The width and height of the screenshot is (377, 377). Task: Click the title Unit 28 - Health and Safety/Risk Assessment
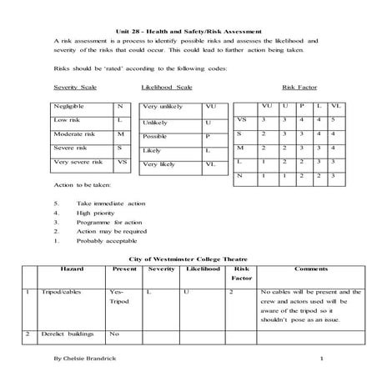click(x=188, y=30)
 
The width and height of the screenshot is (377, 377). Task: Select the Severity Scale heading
click(x=74, y=87)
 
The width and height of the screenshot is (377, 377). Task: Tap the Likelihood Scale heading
click(x=167, y=87)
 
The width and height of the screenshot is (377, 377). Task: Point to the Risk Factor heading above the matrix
click(x=299, y=87)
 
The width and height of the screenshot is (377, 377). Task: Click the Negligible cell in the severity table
click(x=70, y=108)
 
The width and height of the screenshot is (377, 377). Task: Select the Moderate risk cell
click(x=74, y=134)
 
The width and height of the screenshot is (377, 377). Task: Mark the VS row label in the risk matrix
click(x=241, y=119)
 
